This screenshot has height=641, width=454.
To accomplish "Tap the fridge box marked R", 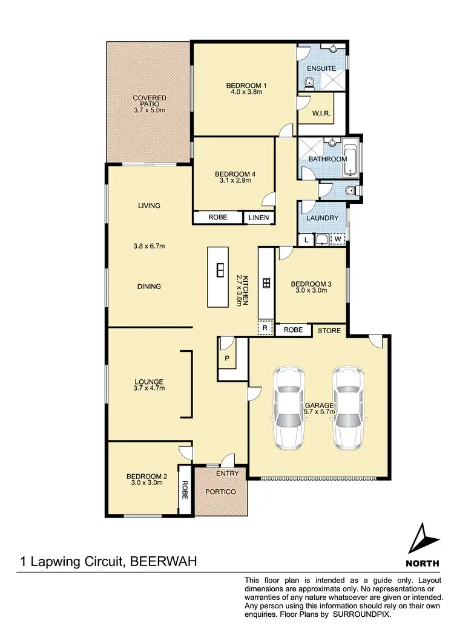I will click(264, 328).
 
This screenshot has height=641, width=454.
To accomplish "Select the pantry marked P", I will click(226, 357).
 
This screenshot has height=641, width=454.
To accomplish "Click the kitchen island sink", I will click(221, 270).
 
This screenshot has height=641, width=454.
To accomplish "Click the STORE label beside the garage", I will click(330, 331).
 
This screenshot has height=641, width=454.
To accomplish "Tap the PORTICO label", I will click(220, 492).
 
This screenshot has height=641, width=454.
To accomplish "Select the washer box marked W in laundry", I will click(338, 239).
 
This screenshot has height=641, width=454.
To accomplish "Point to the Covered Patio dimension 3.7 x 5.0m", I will click(149, 110).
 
